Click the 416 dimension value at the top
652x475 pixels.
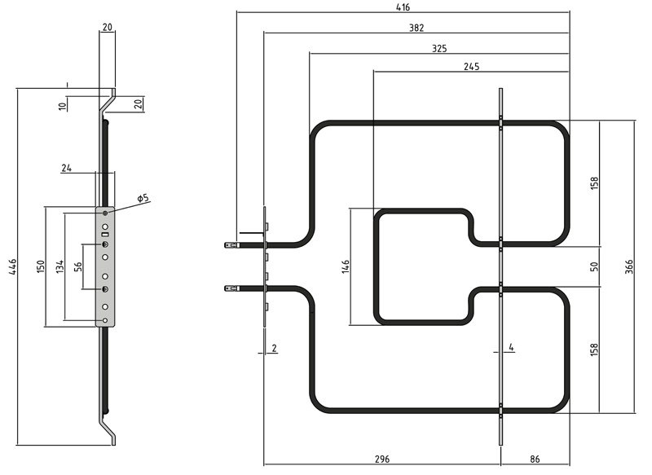403,7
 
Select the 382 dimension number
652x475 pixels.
416,28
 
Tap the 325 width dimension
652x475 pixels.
439,49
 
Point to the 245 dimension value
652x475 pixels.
472,67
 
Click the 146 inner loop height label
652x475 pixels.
345,266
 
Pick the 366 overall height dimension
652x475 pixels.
628,266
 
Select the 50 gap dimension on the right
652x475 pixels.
594,266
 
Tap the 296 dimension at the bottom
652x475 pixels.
382,459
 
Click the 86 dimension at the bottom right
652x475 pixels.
535,459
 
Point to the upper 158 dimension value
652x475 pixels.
594,183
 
